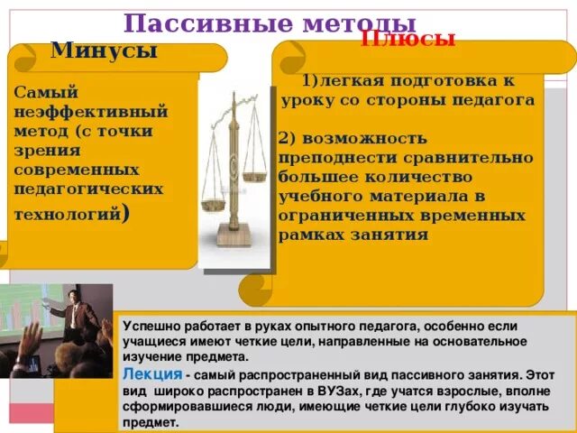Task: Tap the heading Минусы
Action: click(x=104, y=51)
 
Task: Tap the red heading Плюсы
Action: click(x=408, y=39)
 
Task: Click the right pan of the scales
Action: click(x=255, y=168)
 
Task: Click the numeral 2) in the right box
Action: click(x=288, y=137)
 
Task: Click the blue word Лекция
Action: click(x=152, y=373)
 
